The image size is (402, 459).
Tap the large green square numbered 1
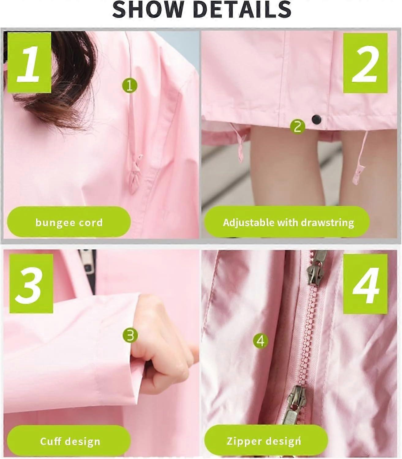29,62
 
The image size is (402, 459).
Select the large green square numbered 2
366,63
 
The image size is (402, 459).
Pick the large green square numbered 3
31,283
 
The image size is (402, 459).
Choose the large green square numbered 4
366,284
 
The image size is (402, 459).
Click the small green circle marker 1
130,85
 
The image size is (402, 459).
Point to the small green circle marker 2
298,126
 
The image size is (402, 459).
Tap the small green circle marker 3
130,335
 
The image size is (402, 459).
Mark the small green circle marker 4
261,341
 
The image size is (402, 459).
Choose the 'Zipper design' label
266,441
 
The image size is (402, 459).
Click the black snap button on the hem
316,119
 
